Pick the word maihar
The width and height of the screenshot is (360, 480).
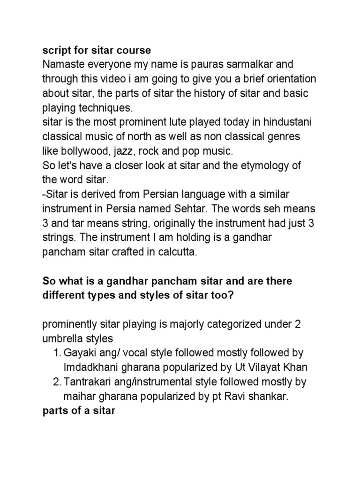(x=77, y=397)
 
